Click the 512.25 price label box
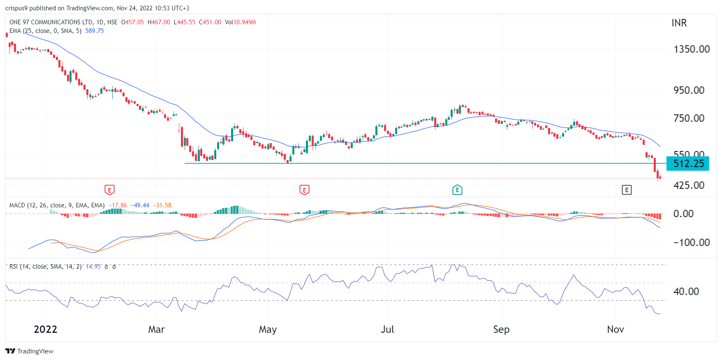tap(688, 164)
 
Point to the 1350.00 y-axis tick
tap(692, 49)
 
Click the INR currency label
tap(679, 23)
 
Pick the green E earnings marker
tap(457, 190)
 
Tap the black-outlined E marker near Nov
tap(626, 190)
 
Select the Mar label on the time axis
tap(156, 330)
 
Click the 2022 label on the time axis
tap(45, 330)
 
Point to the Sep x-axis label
tap(501, 330)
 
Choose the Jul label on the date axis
tap(387, 330)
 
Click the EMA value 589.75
tap(94, 31)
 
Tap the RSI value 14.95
tap(93, 267)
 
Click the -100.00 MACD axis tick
tap(692, 243)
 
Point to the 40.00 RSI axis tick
tap(686, 292)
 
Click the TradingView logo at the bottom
tap(29, 351)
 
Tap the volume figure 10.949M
tap(245, 22)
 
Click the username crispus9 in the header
tap(16, 8)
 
